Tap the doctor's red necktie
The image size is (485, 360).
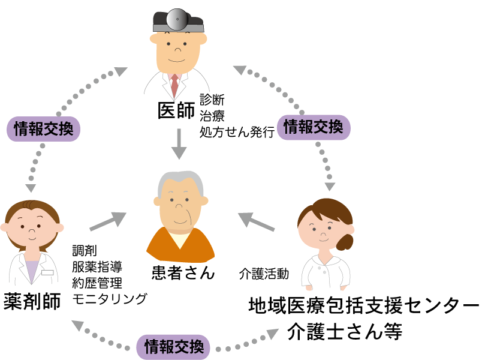tap(174, 86)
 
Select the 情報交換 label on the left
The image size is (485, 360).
tap(43, 128)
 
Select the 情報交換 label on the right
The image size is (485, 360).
tap(313, 127)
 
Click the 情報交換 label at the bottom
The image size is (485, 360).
tap(173, 347)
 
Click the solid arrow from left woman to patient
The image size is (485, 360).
tap(108, 221)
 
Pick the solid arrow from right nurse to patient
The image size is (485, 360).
tap(256, 222)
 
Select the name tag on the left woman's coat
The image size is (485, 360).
tap(47, 272)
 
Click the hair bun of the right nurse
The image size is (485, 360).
tap(345, 242)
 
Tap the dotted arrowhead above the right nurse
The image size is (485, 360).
tap(330, 186)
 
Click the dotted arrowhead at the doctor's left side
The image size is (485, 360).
tap(121, 71)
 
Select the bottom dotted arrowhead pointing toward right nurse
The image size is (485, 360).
tap(273, 333)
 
